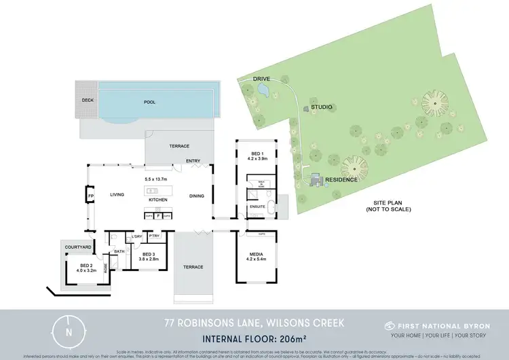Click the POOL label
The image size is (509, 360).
(149, 102)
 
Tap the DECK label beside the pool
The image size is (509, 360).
(88, 99)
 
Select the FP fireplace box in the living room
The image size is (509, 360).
(90, 196)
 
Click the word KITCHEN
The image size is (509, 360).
(157, 200)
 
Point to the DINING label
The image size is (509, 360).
(197, 196)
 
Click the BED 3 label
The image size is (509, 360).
(148, 254)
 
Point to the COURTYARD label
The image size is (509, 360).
(74, 247)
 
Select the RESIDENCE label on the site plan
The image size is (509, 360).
(341, 181)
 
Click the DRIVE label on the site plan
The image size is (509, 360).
(262, 79)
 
